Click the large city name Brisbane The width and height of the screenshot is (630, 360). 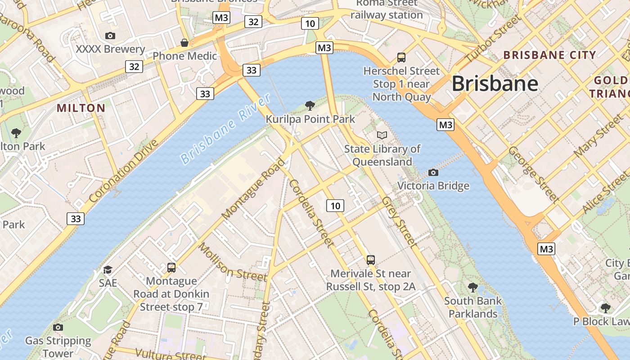click(495, 84)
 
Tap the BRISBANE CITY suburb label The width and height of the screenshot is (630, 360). click(549, 55)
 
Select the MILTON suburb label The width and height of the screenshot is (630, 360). click(81, 108)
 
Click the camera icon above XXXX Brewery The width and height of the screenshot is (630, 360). click(110, 36)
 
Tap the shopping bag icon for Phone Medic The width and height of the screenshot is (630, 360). click(184, 43)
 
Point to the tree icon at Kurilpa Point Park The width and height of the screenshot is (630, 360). click(310, 106)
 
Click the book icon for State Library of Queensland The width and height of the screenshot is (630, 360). click(382, 135)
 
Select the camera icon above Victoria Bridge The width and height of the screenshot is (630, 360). click(433, 172)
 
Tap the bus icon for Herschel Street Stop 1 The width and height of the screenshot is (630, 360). click(401, 58)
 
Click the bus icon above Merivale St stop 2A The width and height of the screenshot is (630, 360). click(370, 260)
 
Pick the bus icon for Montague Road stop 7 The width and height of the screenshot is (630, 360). click(171, 268)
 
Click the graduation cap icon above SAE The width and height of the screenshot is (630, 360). click(108, 270)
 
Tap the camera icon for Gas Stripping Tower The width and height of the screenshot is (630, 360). click(58, 327)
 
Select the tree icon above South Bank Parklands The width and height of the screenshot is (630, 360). click(472, 287)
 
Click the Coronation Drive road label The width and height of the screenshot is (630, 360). click(124, 171)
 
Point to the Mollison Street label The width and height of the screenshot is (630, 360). click(232, 261)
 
